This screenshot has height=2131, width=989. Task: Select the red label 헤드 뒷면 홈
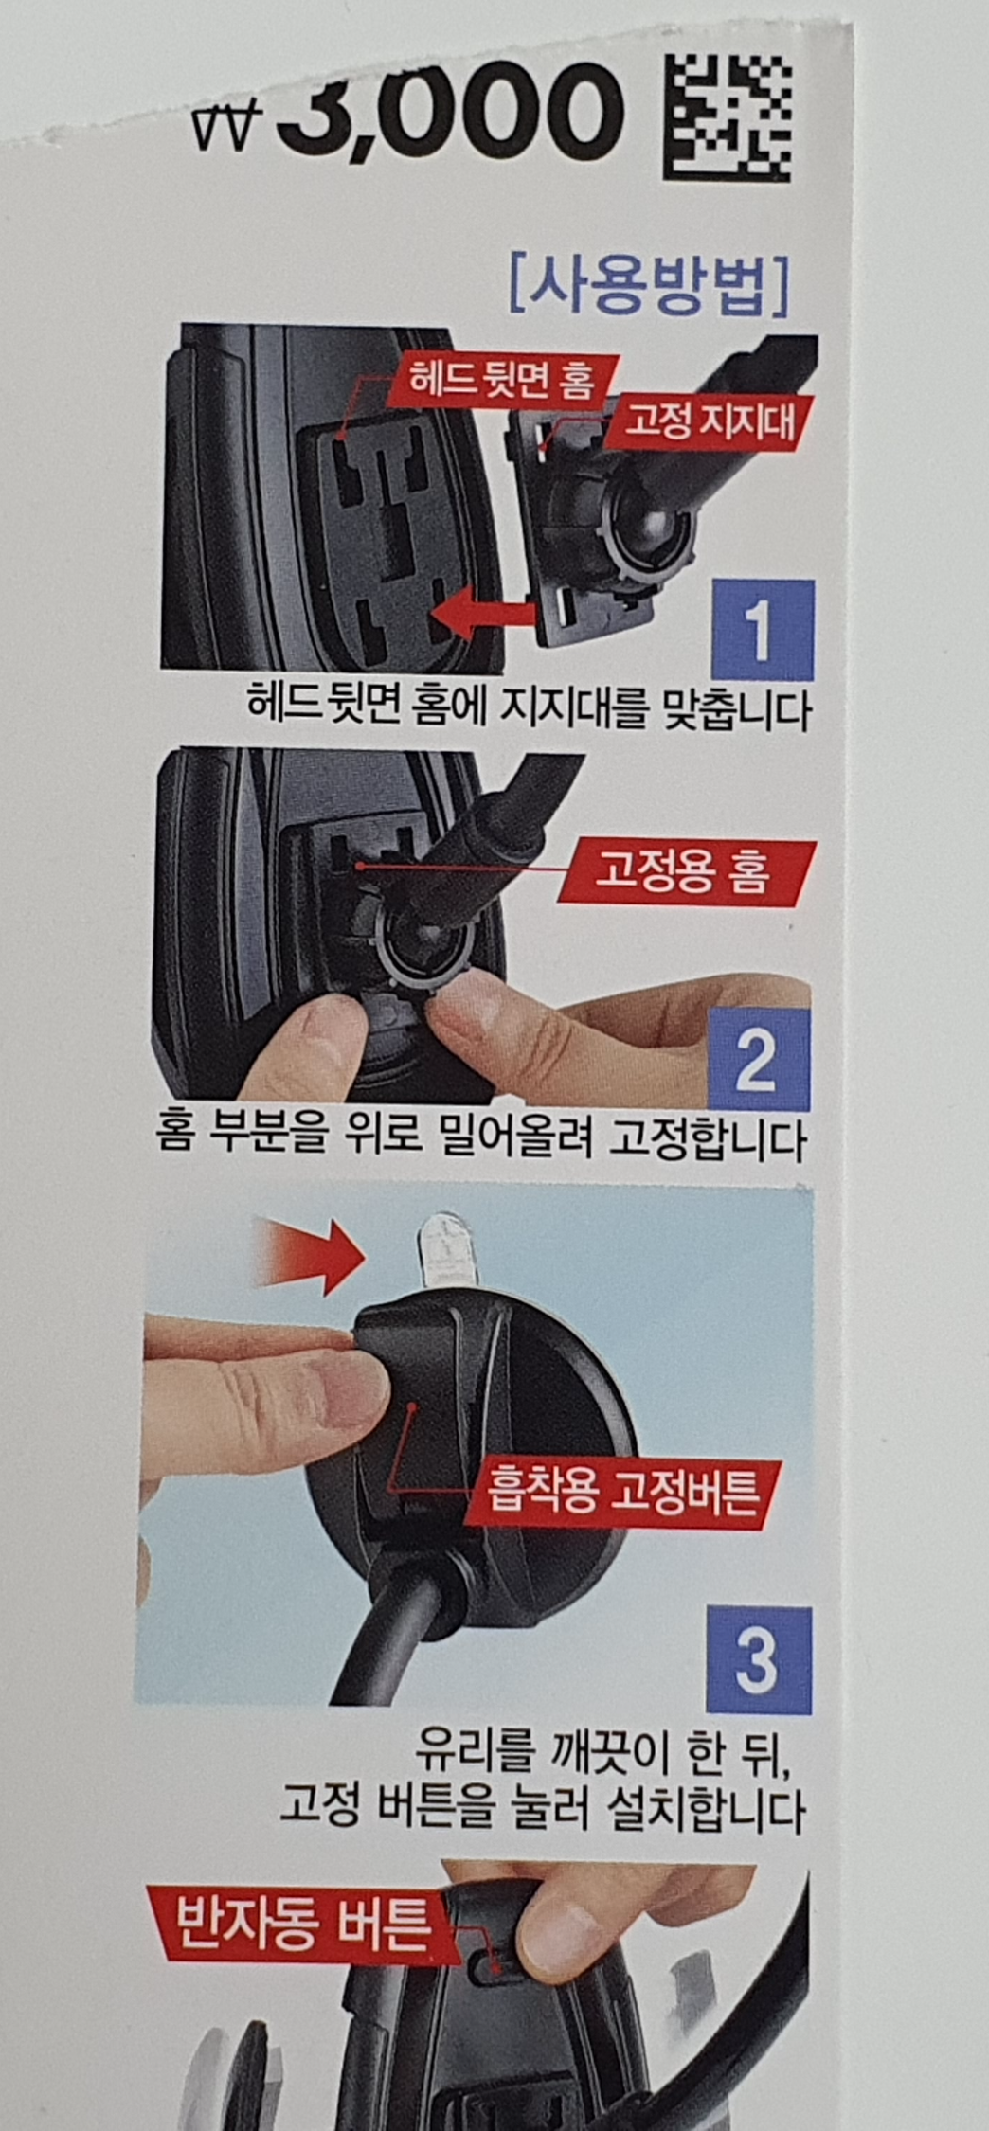pos(501,380)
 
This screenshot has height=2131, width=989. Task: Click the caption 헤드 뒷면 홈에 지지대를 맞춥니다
pos(529,710)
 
